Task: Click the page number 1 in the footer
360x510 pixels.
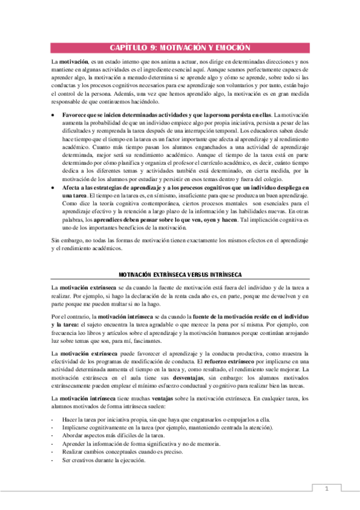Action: [327, 489]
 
